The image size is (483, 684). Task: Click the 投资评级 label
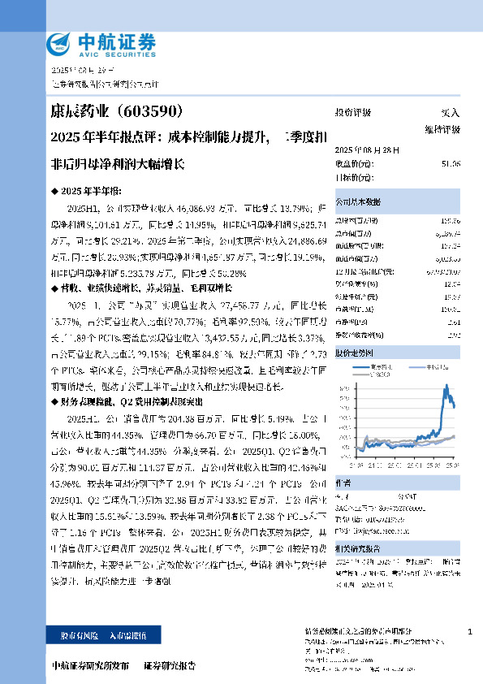pos(352,113)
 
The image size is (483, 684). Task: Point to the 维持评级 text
pos(442,129)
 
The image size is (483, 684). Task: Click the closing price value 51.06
pos(451,164)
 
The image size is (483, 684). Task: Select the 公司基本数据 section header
pos(358,201)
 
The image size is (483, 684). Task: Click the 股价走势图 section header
pos(355,354)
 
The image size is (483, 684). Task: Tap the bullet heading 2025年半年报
pos(92,189)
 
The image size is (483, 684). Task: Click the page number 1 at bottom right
pos(469,631)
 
